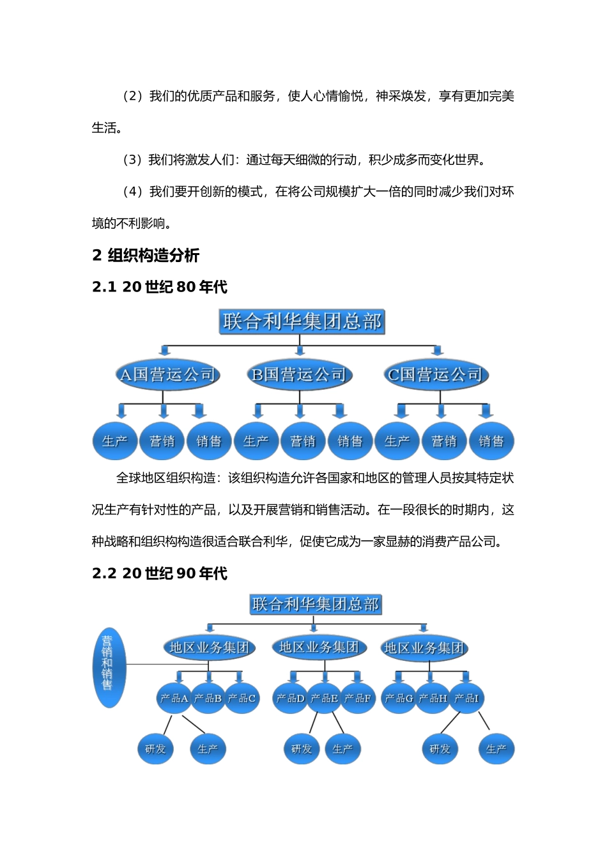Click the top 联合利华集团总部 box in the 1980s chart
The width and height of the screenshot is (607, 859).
tap(302, 321)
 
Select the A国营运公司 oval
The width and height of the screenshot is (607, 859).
tap(168, 375)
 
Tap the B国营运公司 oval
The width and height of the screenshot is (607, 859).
tap(299, 375)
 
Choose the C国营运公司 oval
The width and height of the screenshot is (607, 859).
tap(436, 375)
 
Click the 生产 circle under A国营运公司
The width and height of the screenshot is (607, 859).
tap(115, 441)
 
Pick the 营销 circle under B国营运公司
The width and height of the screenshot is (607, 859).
tap(303, 441)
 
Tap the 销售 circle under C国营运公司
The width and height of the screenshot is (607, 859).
tap(491, 441)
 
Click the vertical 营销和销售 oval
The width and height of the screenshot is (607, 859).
tap(108, 667)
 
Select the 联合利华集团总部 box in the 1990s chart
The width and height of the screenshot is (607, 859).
tap(316, 604)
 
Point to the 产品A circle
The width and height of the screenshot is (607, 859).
tap(174, 698)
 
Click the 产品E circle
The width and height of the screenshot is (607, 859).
tap(324, 698)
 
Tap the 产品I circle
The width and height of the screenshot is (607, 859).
tap(466, 698)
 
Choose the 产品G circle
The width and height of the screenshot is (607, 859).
tap(399, 698)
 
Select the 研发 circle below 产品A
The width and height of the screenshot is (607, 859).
tap(155, 749)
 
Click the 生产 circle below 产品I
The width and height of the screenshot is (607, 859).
tap(496, 749)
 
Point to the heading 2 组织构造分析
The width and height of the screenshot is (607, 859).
tap(146, 256)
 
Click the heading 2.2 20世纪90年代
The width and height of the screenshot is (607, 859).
tap(160, 573)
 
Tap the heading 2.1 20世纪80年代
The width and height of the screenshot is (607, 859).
tap(160, 287)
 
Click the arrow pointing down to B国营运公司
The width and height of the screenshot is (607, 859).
tap(300, 350)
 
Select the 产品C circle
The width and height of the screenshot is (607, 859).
tap(242, 698)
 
